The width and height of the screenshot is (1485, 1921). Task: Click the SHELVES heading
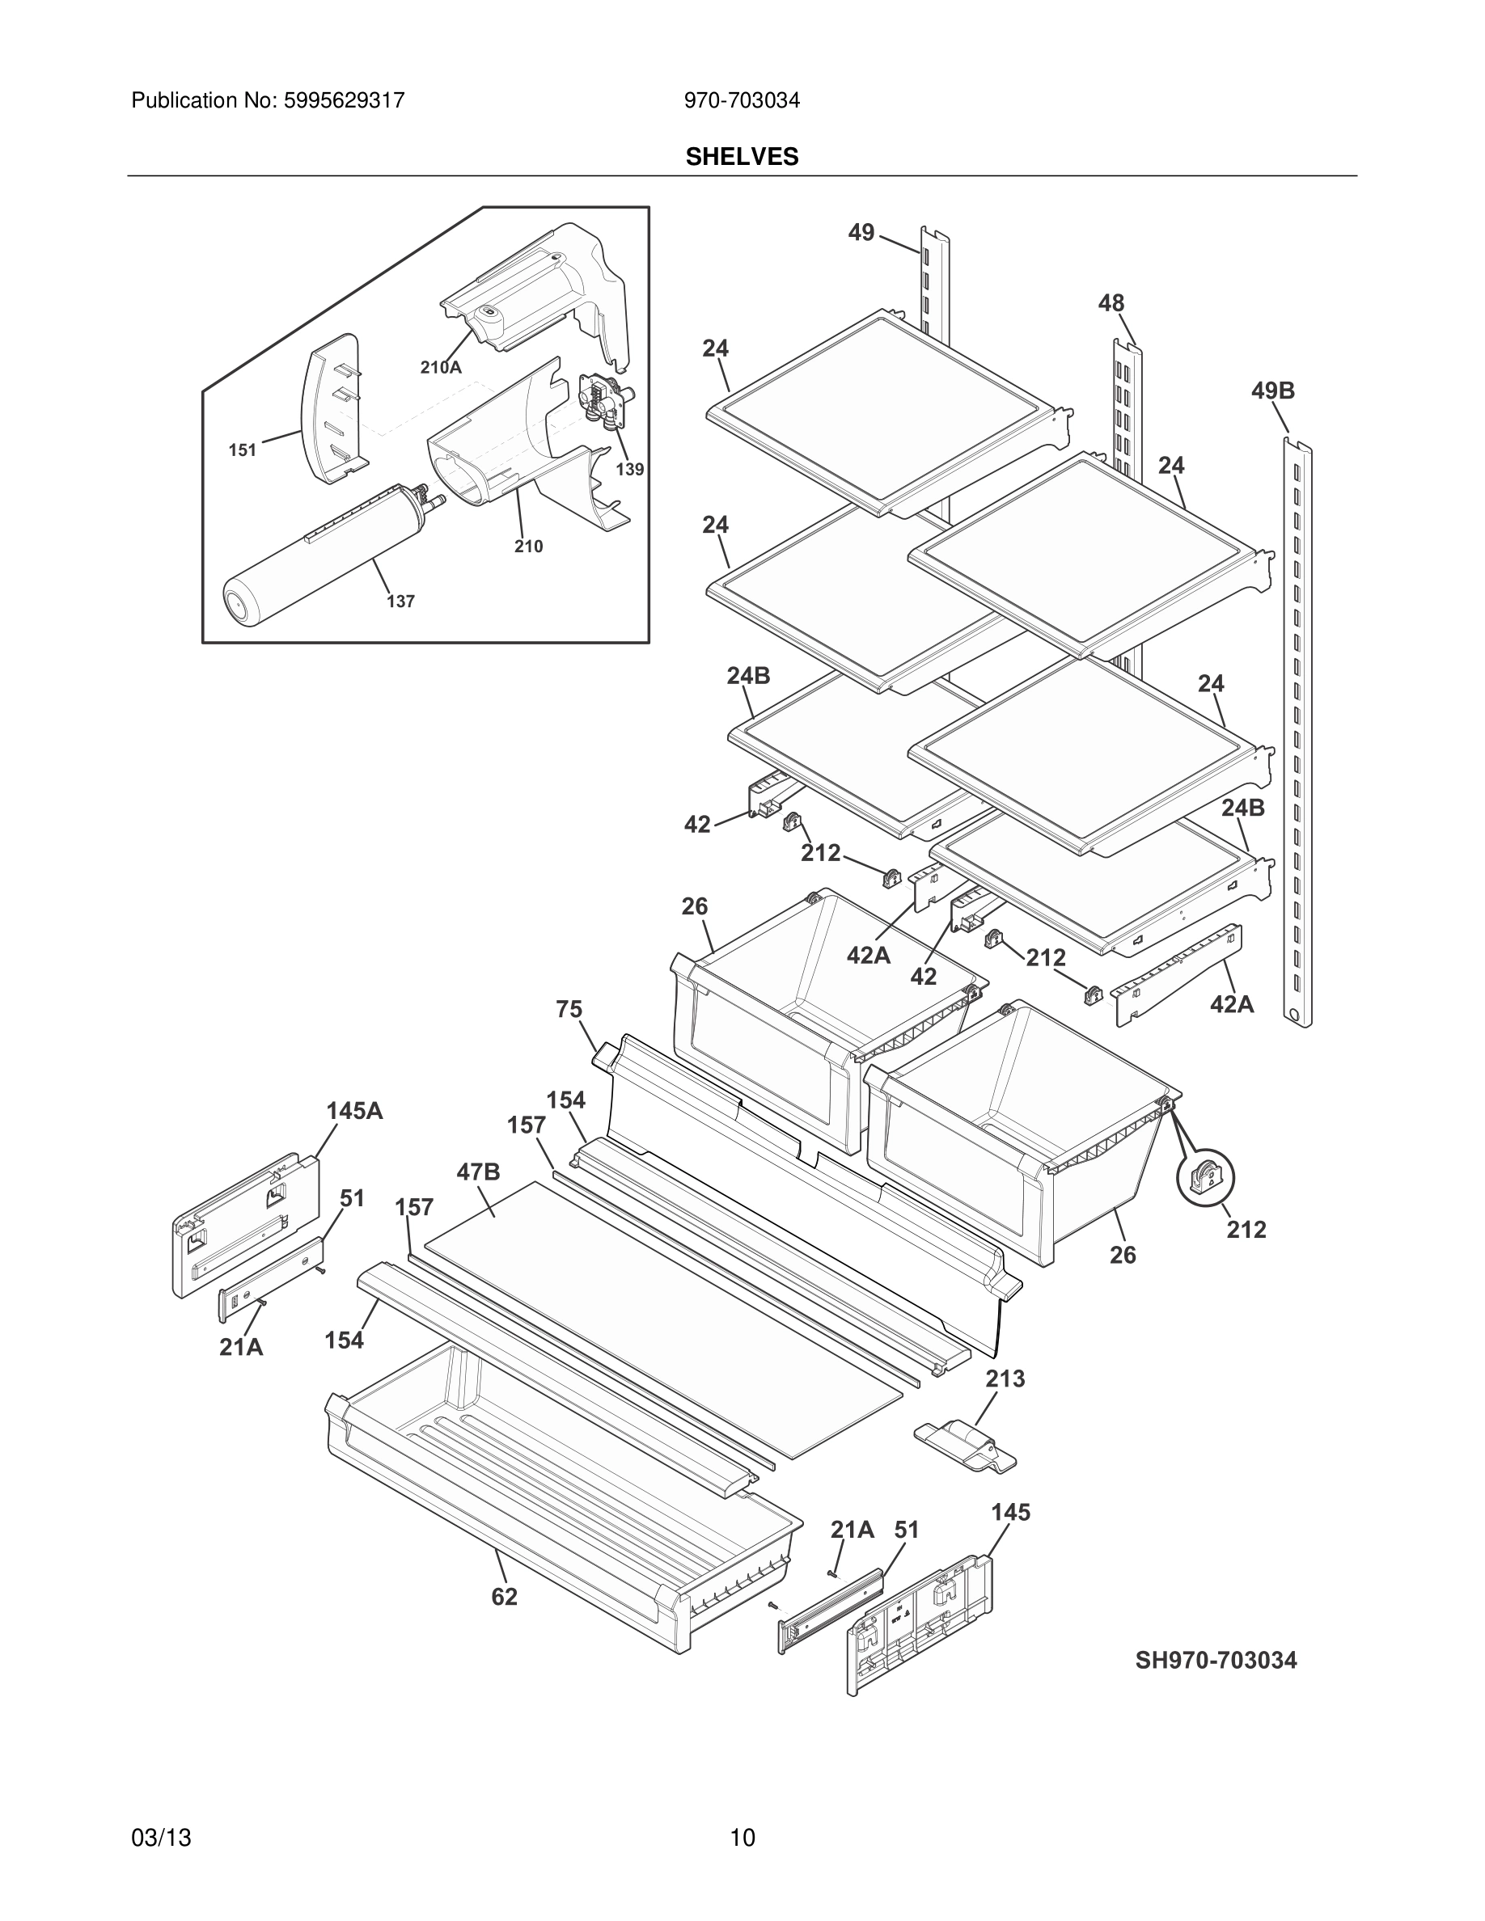coord(742,157)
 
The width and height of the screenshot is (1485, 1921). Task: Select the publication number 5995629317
coord(343,100)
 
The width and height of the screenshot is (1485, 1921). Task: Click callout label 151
coord(242,450)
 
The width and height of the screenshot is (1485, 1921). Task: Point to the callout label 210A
coord(440,368)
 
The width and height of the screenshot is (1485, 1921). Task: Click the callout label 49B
coord(1272,391)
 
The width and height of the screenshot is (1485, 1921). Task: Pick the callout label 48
coord(1111,303)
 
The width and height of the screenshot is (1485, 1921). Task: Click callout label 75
coord(569,1010)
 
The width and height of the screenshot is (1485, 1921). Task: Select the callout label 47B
coord(479,1172)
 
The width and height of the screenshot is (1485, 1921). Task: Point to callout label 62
coord(504,1597)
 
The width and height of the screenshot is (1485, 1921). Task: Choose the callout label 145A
coord(354,1111)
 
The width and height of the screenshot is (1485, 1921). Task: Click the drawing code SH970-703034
coord(1215,1660)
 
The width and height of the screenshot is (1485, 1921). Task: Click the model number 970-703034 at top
coord(742,100)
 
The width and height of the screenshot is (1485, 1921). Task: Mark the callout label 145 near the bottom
coord(1010,1512)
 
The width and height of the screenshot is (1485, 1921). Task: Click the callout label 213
coord(1005,1378)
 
